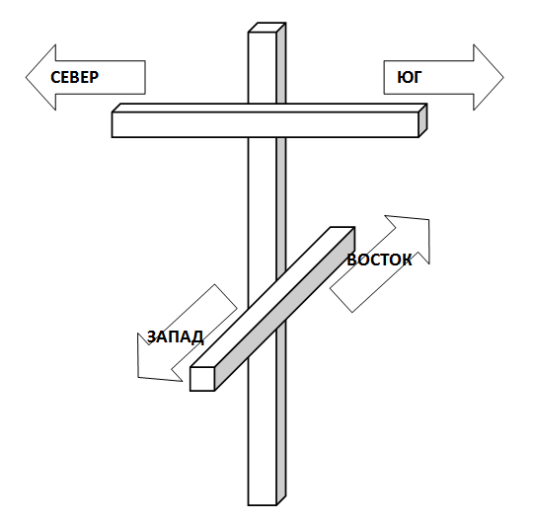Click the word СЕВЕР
point(75,77)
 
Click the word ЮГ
point(410,77)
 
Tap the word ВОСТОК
point(379,260)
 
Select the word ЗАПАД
point(176,337)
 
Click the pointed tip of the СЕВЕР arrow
point(27,77)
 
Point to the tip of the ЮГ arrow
point(503,77)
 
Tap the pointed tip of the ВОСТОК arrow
point(428,220)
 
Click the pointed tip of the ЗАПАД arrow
point(138,377)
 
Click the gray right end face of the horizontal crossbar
point(422,120)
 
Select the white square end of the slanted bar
point(202,379)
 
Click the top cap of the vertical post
point(267,28)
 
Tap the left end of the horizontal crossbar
point(113,124)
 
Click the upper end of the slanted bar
point(343,228)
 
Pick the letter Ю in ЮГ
point(406,77)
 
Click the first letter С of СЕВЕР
point(55,77)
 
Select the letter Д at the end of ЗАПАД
point(198,338)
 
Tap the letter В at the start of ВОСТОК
point(351,260)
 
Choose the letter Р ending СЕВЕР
point(95,77)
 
